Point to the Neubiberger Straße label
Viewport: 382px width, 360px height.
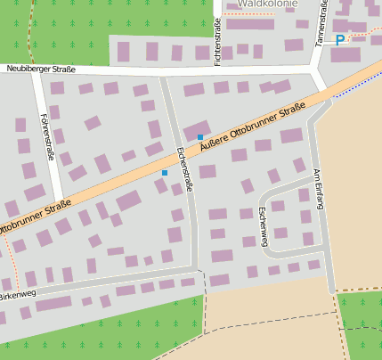click(x=40, y=69)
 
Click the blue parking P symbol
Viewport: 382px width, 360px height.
click(x=339, y=40)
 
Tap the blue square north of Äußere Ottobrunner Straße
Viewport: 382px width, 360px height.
click(x=200, y=137)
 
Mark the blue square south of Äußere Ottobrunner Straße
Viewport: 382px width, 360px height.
click(x=164, y=172)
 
